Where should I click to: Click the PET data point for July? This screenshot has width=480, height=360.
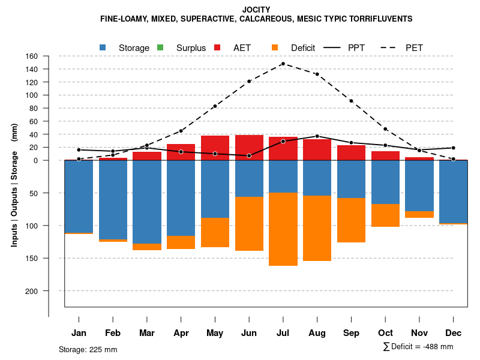click(x=283, y=64)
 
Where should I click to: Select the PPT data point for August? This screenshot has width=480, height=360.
click(x=317, y=136)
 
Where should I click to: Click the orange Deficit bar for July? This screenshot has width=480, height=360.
click(x=283, y=229)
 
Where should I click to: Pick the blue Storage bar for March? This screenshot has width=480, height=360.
click(x=146, y=202)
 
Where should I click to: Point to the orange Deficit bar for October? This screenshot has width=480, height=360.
click(x=385, y=215)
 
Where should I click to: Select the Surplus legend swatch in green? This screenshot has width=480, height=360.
click(x=160, y=47)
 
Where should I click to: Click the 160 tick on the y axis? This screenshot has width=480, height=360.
click(x=32, y=56)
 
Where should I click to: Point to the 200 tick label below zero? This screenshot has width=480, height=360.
click(x=32, y=291)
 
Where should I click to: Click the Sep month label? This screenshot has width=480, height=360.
click(x=351, y=333)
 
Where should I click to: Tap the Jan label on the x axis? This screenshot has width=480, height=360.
click(x=79, y=333)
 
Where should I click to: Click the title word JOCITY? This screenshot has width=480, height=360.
click(x=256, y=10)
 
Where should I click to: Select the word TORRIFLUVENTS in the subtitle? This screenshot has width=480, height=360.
click(x=381, y=19)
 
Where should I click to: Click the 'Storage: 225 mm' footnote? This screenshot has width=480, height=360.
click(x=88, y=349)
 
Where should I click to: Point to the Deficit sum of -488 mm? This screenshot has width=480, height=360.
click(x=418, y=347)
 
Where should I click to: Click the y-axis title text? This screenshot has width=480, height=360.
click(x=14, y=185)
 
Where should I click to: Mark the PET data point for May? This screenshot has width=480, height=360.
click(x=215, y=106)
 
